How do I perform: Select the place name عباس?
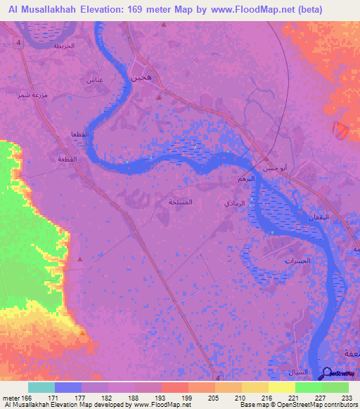tap(95, 81)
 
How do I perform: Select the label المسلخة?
tap(181, 202)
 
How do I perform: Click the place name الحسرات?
tap(297, 261)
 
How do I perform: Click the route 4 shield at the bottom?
tap(217, 376)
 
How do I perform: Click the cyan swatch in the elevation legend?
tap(41, 387)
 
